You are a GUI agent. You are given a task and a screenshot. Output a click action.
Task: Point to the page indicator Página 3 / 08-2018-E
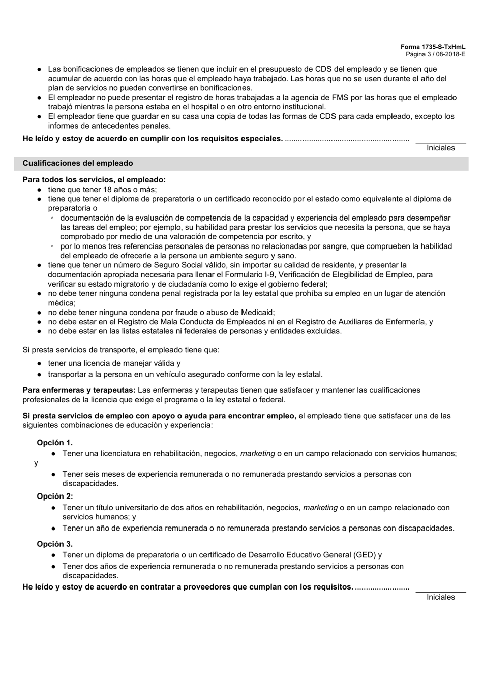pyautogui.click(x=435, y=54)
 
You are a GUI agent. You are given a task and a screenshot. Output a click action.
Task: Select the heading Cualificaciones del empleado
pyautogui.click(x=78, y=163)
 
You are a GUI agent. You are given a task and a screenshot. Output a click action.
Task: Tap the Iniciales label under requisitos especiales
pyautogui.click(x=441, y=148)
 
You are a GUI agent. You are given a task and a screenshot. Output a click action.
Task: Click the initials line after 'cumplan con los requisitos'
pyautogui.click(x=441, y=592)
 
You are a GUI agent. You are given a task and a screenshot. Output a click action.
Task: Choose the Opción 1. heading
pyautogui.click(x=54, y=443)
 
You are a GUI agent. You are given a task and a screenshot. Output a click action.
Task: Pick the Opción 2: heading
pyautogui.click(x=54, y=497)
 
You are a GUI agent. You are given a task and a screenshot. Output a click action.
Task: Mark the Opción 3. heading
pyautogui.click(x=54, y=544)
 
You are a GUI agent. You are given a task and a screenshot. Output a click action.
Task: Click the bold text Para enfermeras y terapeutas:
pyautogui.click(x=79, y=390)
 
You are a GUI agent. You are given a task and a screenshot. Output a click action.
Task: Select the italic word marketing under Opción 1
pyautogui.click(x=257, y=453)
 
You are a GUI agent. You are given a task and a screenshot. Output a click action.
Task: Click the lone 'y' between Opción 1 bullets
pyautogui.click(x=36, y=463)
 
